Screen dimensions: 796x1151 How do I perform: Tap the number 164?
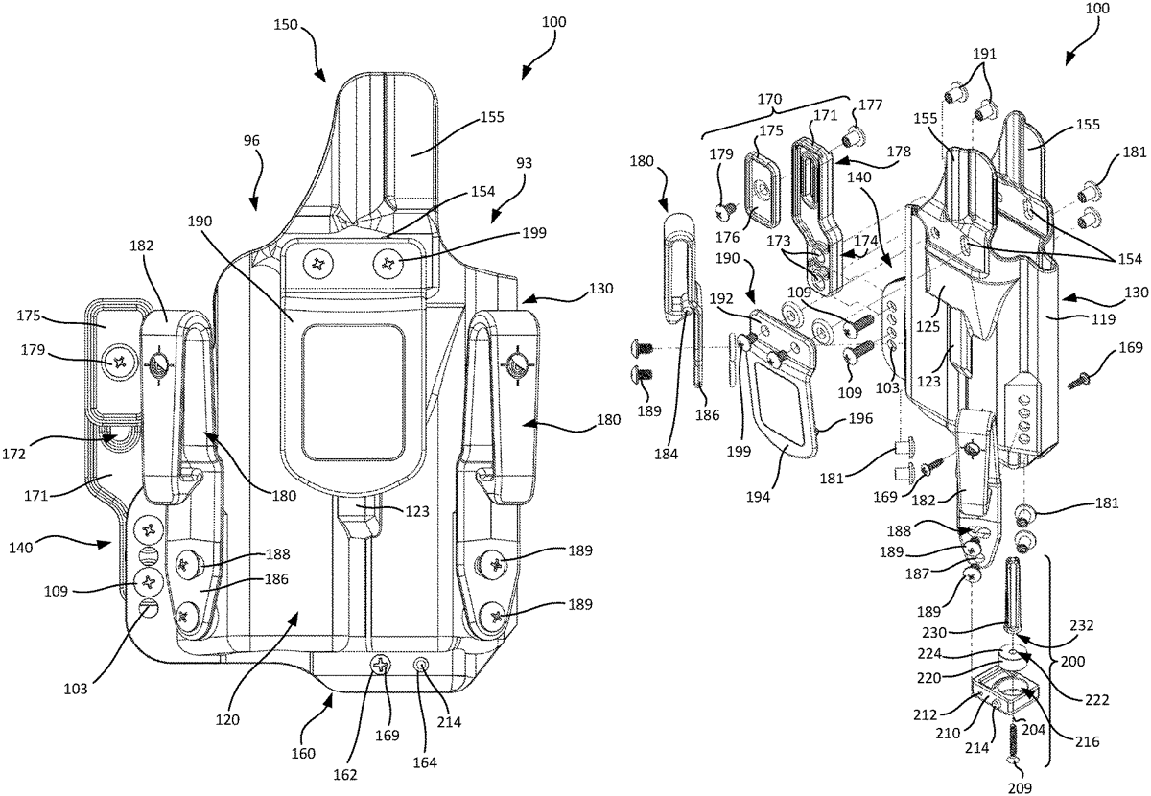pos(425,763)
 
